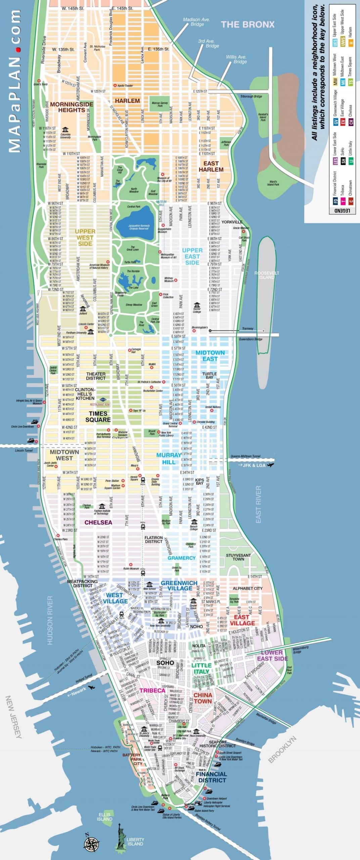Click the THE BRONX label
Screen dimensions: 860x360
(x=248, y=25)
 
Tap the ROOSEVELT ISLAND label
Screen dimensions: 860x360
(x=267, y=275)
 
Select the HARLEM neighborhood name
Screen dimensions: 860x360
(x=127, y=101)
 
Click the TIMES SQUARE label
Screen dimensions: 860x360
(x=98, y=417)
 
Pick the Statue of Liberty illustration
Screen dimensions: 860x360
(x=120, y=838)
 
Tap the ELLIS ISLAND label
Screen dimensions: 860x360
(x=105, y=817)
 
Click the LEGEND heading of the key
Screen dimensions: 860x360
(x=342, y=211)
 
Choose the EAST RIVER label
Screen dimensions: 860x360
(x=258, y=504)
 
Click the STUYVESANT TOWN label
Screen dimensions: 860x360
(x=238, y=557)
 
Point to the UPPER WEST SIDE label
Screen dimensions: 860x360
(x=85, y=238)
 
